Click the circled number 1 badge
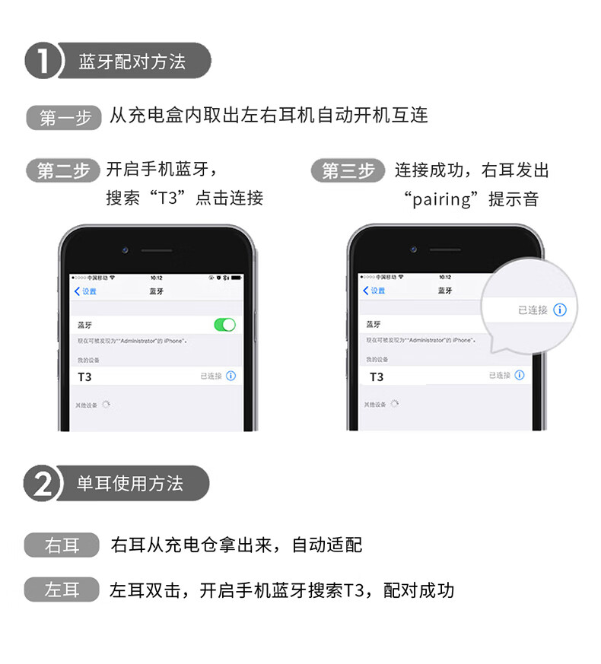(x=43, y=62)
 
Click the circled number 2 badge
(x=43, y=484)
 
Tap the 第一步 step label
(x=65, y=118)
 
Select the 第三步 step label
(x=348, y=170)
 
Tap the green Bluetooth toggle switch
(x=224, y=325)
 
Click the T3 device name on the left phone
(x=85, y=376)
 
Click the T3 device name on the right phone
(x=377, y=376)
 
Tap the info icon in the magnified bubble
(x=560, y=310)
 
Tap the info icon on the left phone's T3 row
(x=231, y=376)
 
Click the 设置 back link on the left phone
(x=85, y=291)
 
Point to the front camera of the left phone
(x=124, y=249)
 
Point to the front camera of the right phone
(x=413, y=249)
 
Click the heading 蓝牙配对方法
(x=132, y=62)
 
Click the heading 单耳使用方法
(x=130, y=484)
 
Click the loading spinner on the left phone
(x=107, y=404)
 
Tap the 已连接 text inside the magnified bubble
(x=533, y=310)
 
